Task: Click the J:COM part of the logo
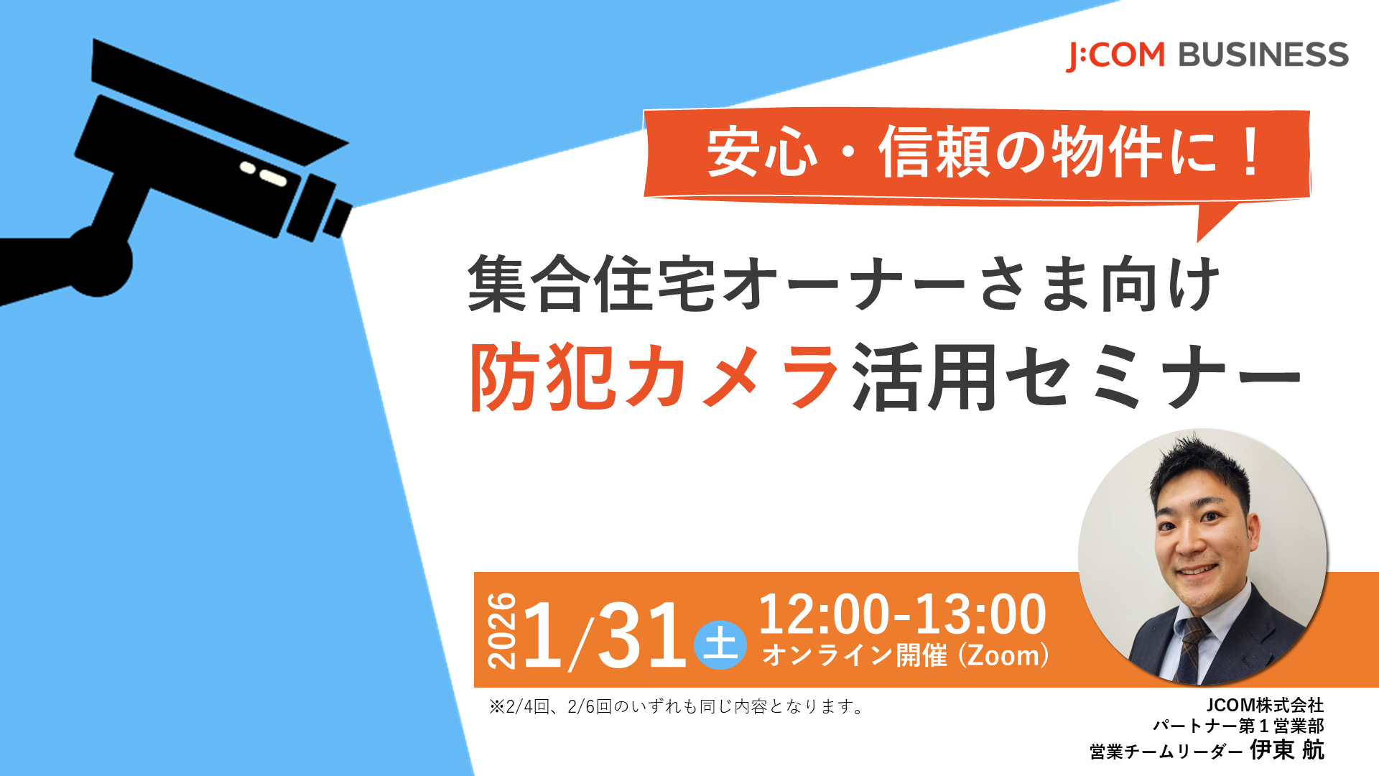coord(1115,55)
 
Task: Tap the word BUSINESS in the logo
coord(1263,55)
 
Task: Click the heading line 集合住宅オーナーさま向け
coord(843,285)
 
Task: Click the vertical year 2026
coord(502,631)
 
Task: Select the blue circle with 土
coord(720,644)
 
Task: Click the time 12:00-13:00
coord(902,614)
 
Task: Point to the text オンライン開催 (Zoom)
coord(905,655)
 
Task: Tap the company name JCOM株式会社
coord(1265,705)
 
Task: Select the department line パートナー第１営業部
coord(1238,726)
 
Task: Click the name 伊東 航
coord(1287,750)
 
